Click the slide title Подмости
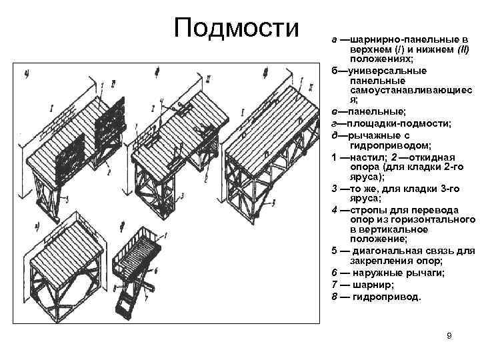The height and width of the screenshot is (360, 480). tap(237, 28)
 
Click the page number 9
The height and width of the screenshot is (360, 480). tap(449, 335)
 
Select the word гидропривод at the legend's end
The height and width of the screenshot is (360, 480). tap(389, 296)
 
